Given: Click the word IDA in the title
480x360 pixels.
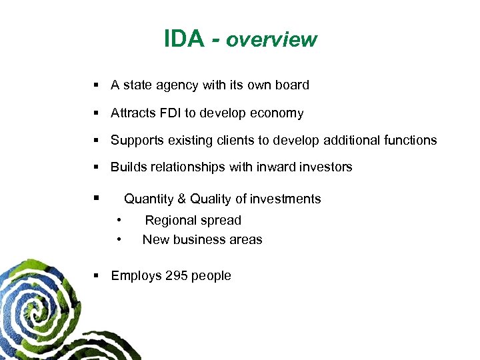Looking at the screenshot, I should click(183, 39).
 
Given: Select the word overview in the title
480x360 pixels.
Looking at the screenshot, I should click(271, 40).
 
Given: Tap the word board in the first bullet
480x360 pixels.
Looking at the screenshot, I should click(291, 85).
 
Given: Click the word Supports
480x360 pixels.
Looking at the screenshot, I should click(136, 140).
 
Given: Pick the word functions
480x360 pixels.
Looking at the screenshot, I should click(410, 140).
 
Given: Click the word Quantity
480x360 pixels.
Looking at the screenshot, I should click(148, 199).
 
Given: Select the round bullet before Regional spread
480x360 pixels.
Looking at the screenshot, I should click(119, 219).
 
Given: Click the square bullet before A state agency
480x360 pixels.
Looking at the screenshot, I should click(97, 85).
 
